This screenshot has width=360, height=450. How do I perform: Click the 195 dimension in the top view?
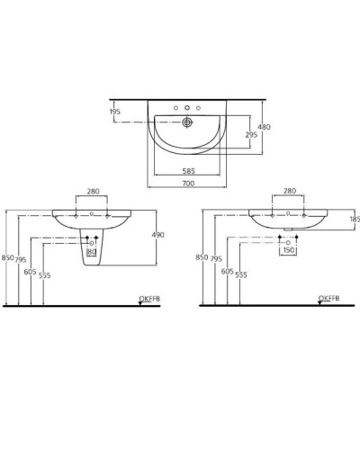(114, 112)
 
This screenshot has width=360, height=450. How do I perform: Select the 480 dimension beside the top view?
(264, 128)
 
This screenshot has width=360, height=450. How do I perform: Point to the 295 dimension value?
(251, 135)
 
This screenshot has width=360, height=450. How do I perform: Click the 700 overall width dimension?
(187, 184)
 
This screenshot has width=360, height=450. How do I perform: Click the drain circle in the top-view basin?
(188, 121)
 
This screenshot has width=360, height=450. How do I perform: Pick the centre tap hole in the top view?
(187, 108)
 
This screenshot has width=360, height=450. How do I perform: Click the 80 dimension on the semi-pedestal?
(91, 252)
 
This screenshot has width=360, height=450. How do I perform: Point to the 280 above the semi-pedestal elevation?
(93, 192)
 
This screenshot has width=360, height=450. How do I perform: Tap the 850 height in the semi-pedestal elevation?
(7, 258)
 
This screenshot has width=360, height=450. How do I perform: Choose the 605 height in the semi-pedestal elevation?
(31, 271)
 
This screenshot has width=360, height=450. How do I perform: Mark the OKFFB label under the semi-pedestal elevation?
(148, 298)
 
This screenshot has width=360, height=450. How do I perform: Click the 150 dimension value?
(288, 252)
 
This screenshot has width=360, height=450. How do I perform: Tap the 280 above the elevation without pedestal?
(289, 192)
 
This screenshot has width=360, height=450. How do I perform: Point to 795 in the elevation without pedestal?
(215, 258)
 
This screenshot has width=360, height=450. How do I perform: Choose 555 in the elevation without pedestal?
(240, 274)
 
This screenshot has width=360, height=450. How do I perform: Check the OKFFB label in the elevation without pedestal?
(328, 298)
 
